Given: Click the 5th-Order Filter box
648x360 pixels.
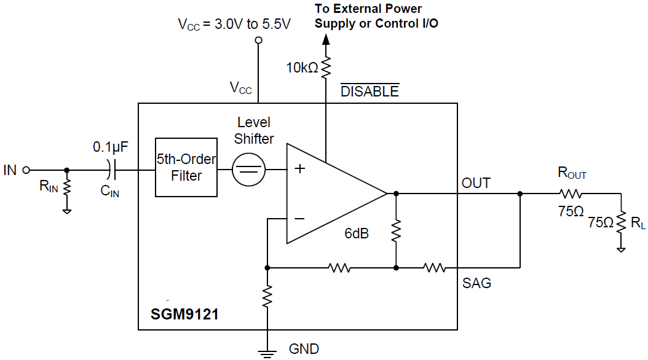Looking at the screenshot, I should (186, 168).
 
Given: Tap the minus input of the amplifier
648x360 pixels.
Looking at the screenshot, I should (299, 218).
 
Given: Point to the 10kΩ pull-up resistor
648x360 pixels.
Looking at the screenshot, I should (326, 66).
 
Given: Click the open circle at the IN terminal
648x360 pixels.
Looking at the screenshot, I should (26, 170).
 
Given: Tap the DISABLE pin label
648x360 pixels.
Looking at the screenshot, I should (369, 92).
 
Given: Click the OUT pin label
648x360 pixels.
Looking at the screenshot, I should (476, 183).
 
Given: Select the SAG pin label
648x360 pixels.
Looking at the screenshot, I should (476, 283).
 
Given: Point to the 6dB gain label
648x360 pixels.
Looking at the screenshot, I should (357, 233).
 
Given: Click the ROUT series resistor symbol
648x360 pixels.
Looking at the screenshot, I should (571, 194).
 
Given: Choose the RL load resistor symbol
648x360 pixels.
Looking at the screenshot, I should (622, 222).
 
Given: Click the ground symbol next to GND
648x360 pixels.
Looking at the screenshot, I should (267, 352).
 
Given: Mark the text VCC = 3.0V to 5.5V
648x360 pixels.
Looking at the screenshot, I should (234, 25).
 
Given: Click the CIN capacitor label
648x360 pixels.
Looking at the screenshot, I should (110, 192).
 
